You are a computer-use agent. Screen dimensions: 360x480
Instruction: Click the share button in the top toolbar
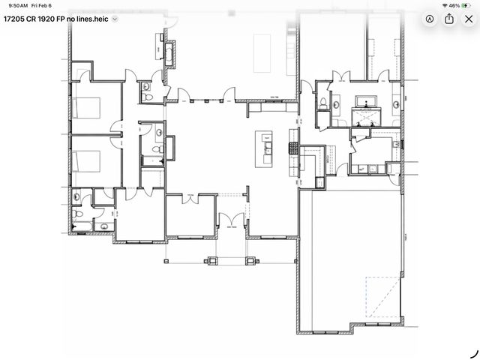(x=449, y=19)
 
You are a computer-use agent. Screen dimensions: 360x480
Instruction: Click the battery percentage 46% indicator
(x=454, y=5)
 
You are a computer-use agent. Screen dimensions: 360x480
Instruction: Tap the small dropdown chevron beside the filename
(x=115, y=19)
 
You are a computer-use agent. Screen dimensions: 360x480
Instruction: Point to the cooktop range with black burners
(x=294, y=148)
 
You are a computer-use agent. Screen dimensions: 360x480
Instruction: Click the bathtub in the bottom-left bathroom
(x=88, y=226)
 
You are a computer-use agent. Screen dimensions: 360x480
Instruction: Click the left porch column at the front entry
(x=211, y=261)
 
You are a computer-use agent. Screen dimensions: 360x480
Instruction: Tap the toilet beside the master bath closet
(x=323, y=103)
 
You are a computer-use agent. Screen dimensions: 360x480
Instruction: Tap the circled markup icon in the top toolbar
(x=430, y=19)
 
